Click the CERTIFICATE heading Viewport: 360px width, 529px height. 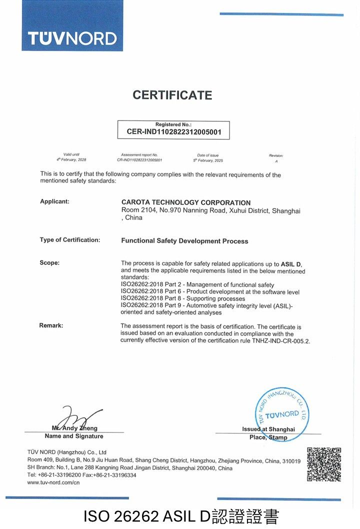(x=172, y=95)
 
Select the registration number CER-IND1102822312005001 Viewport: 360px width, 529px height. (x=173, y=133)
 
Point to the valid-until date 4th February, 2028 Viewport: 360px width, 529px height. (x=71, y=160)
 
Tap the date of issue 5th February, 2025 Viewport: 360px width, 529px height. (x=207, y=160)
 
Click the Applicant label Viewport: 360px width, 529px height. (x=54, y=201)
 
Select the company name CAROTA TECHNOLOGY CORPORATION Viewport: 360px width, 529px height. (x=186, y=202)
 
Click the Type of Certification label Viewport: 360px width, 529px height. (x=70, y=240)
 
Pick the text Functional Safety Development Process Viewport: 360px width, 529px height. (x=184, y=241)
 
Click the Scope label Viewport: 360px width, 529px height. (x=49, y=263)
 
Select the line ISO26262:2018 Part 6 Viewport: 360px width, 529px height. (x=210, y=291)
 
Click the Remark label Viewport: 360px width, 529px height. (x=51, y=325)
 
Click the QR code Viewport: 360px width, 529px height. (x=324, y=464)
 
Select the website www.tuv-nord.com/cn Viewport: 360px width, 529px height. (x=53, y=482)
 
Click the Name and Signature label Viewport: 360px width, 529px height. (x=74, y=436)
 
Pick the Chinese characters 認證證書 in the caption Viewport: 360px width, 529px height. (x=244, y=516)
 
